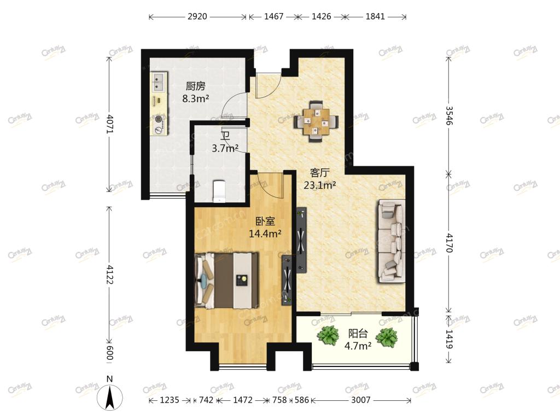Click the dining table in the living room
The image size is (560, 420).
[316, 121]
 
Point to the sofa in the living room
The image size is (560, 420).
[391, 241]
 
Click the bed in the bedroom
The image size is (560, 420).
[226, 280]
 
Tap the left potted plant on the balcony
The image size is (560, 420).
[328, 336]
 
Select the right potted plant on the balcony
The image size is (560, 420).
[387, 337]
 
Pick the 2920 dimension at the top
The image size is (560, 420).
[197, 16]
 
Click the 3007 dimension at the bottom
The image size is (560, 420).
[361, 400]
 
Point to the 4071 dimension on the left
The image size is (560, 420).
[110, 124]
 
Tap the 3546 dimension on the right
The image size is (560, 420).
[449, 116]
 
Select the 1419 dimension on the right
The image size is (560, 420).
[449, 339]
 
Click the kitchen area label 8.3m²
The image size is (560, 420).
[195, 98]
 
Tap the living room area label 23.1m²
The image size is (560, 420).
[319, 185]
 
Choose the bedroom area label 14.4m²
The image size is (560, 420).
[265, 234]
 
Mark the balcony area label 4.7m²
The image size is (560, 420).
[358, 346]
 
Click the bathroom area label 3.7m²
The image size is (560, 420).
[225, 148]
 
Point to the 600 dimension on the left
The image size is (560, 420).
[110, 352]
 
